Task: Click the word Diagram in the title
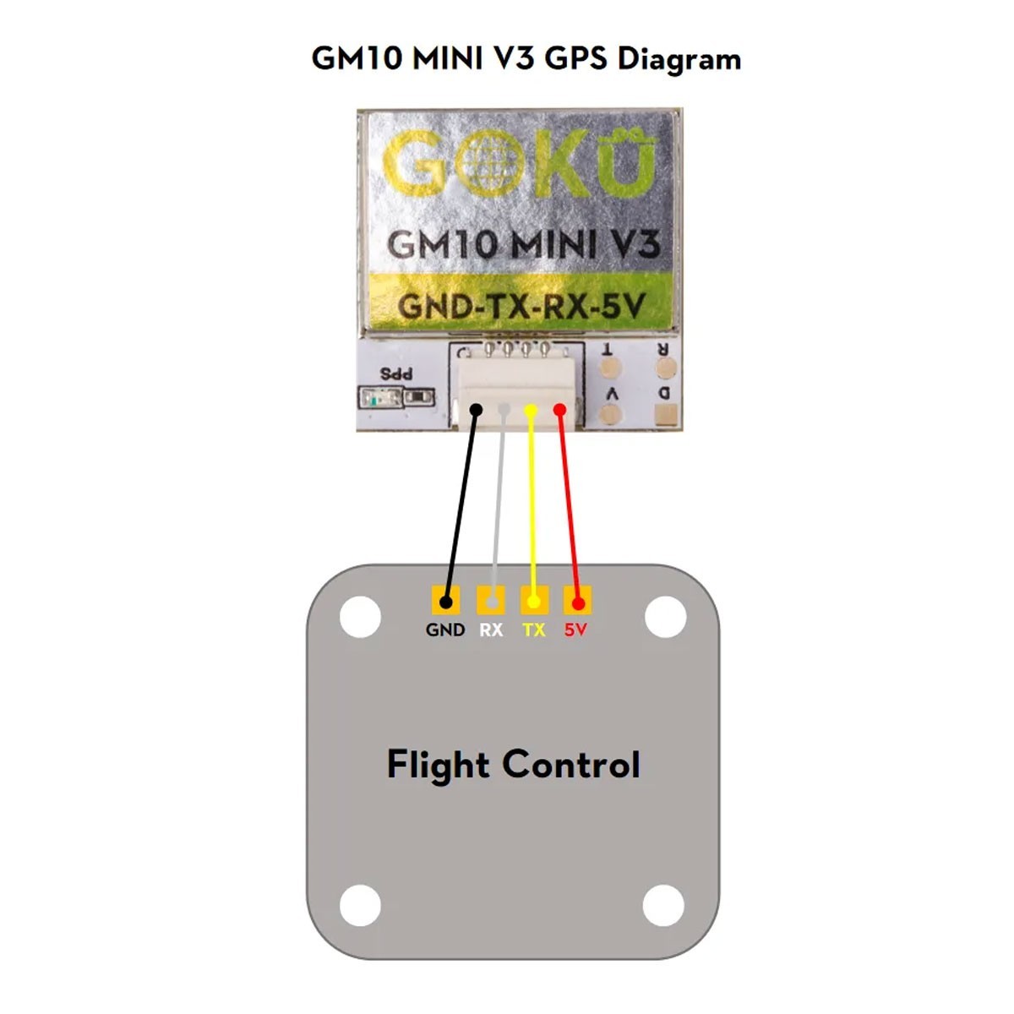[x=679, y=60]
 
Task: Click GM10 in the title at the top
[x=357, y=59]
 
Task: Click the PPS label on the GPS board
[x=396, y=373]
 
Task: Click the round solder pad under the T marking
[x=608, y=368]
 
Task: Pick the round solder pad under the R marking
[x=667, y=368]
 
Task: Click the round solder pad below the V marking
[x=609, y=414]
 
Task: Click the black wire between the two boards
[x=461, y=507]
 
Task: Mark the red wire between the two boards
[x=569, y=507]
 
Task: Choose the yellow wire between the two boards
[x=532, y=507]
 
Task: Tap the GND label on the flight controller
[x=445, y=630]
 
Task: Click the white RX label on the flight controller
[x=491, y=630]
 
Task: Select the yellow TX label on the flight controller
[x=533, y=630]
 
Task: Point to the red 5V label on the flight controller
[x=575, y=630]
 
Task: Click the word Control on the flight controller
[x=571, y=765]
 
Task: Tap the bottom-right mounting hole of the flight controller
[x=663, y=906]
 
